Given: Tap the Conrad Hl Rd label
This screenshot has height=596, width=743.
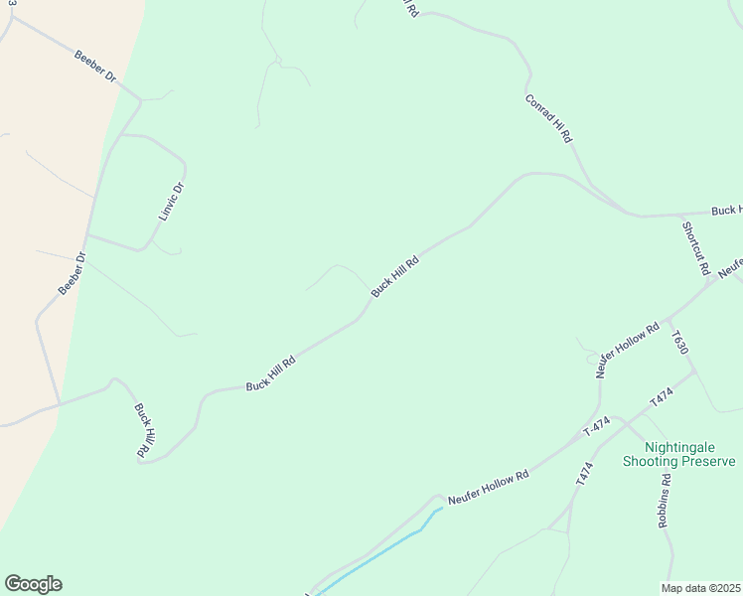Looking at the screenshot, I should (x=549, y=119).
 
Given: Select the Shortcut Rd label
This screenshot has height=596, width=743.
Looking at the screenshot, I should (x=695, y=248).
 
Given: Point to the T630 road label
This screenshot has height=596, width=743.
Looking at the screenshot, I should (x=680, y=344).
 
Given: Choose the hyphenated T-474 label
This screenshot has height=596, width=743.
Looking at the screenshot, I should (x=596, y=428).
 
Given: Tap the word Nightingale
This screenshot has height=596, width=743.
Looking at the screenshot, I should (x=693, y=447).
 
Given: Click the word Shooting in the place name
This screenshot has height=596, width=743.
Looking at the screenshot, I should (x=651, y=461).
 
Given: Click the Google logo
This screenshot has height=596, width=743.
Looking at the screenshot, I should (x=33, y=584).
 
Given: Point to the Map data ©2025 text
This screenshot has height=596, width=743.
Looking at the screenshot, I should (x=700, y=588).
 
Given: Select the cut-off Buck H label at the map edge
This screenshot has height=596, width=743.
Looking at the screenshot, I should (x=726, y=211).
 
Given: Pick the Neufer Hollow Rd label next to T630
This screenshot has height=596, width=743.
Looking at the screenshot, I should (x=628, y=350).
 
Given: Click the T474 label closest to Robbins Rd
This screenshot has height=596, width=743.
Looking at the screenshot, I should (x=584, y=473).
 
